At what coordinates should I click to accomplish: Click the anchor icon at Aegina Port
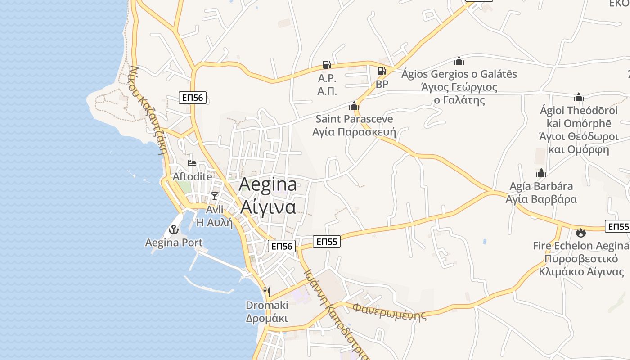pyautogui.click(x=173, y=230)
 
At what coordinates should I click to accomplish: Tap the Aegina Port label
pyautogui.click(x=174, y=243)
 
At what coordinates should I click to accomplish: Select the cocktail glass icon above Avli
pyautogui.click(x=215, y=196)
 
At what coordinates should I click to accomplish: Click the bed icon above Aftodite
pyautogui.click(x=192, y=163)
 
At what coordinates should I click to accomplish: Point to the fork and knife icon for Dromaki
pyautogui.click(x=267, y=292)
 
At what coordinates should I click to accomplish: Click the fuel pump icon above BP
pyautogui.click(x=382, y=71)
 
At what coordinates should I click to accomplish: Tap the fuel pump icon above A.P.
pyautogui.click(x=327, y=65)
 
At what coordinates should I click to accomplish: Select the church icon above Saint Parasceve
pyautogui.click(x=354, y=106)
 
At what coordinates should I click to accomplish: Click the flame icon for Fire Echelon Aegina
pyautogui.click(x=580, y=233)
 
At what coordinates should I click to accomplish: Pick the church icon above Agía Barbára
pyautogui.click(x=541, y=173)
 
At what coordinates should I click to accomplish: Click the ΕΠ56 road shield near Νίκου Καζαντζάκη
pyautogui.click(x=193, y=98)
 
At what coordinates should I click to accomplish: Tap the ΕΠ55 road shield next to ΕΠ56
pyautogui.click(x=327, y=242)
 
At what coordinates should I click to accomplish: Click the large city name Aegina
pyautogui.click(x=268, y=185)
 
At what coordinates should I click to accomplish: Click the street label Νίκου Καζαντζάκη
pyautogui.click(x=148, y=110)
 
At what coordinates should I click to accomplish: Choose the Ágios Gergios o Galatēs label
pyautogui.click(x=459, y=74)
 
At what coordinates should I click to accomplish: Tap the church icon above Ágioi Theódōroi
pyautogui.click(x=579, y=98)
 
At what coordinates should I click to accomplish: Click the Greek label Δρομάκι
pyautogui.click(x=267, y=318)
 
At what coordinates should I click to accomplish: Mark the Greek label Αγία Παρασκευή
pyautogui.click(x=354, y=132)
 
